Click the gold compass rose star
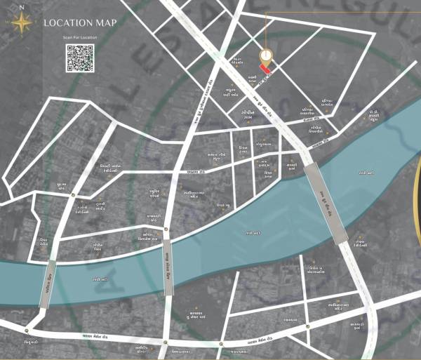pos(22,23)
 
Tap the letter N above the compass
pos(22,8)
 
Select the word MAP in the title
pos(106,22)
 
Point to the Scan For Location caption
pos(80,36)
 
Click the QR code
pos(80,58)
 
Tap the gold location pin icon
pos(266,55)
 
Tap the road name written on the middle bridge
pos(169,268)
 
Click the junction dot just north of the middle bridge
pos(166,229)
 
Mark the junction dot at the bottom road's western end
pos(27,331)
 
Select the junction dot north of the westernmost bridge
pos(73,196)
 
